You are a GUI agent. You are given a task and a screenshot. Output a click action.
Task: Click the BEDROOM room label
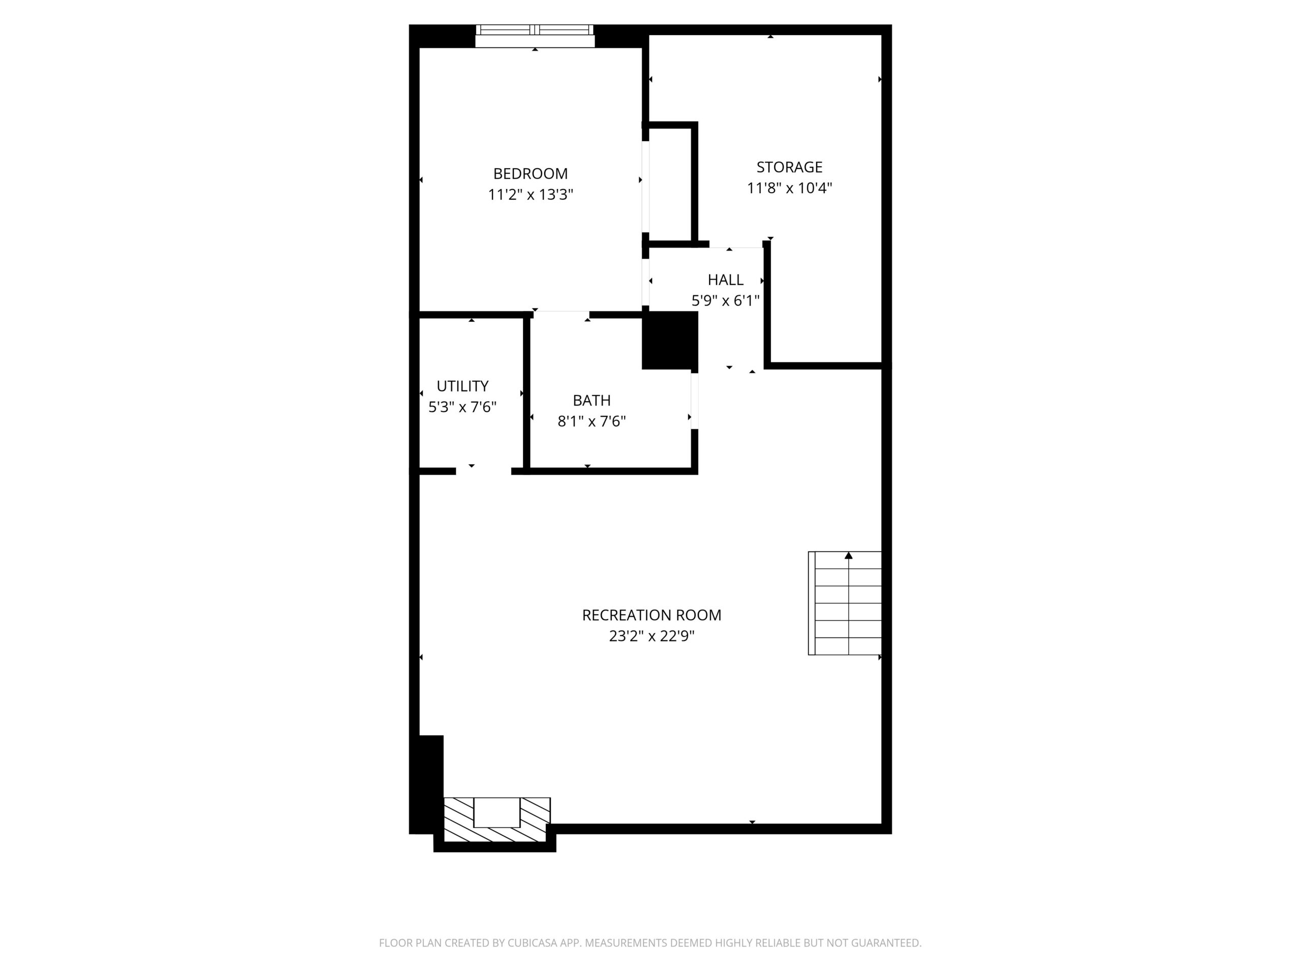530,173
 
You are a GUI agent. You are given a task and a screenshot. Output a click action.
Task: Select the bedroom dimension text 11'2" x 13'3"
530,195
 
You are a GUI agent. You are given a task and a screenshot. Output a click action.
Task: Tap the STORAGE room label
789,167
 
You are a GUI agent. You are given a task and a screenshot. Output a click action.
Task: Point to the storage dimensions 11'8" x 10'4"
789,188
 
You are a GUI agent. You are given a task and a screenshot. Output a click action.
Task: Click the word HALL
725,280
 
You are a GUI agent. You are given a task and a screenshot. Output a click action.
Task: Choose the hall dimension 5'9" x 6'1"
725,300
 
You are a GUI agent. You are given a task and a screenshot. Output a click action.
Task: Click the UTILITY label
462,386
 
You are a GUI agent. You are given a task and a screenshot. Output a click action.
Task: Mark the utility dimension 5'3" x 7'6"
462,407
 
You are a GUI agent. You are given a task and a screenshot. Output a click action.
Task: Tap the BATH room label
591,400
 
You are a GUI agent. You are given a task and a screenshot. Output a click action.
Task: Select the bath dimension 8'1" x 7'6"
591,421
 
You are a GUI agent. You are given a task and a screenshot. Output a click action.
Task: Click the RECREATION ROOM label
651,615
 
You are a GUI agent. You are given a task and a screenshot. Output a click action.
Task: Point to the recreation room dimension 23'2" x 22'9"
651,636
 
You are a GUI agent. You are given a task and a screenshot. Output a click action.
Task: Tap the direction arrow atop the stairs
848,556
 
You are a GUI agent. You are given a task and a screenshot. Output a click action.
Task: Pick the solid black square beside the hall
669,340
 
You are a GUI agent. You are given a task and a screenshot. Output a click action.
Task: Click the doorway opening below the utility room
483,471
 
